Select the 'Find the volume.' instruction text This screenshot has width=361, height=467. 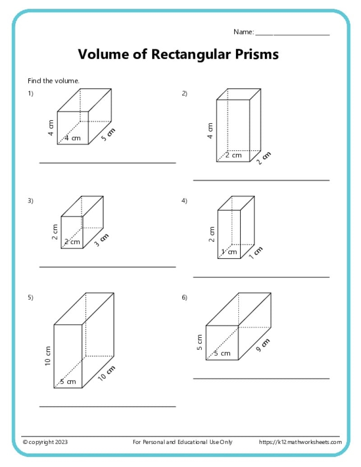[x=54, y=81]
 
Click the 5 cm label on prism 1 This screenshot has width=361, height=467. [x=108, y=135]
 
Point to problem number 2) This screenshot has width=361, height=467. [x=185, y=94]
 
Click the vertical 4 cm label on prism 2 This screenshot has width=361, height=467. [x=210, y=130]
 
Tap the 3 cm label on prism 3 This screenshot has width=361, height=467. [x=102, y=240]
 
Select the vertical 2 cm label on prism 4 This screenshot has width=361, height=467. [x=211, y=234]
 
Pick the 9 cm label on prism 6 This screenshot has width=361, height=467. [x=263, y=345]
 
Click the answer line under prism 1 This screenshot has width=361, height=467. [x=107, y=163]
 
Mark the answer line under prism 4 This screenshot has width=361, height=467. [x=261, y=277]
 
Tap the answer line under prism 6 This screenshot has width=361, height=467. [x=261, y=379]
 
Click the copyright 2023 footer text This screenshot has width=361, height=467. [x=45, y=442]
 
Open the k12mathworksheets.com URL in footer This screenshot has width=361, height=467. [x=300, y=442]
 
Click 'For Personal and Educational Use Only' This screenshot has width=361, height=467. [x=183, y=442]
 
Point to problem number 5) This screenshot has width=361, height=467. [x=31, y=297]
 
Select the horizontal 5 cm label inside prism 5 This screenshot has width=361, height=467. [x=69, y=382]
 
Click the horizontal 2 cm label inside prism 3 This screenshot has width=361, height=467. [x=72, y=242]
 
